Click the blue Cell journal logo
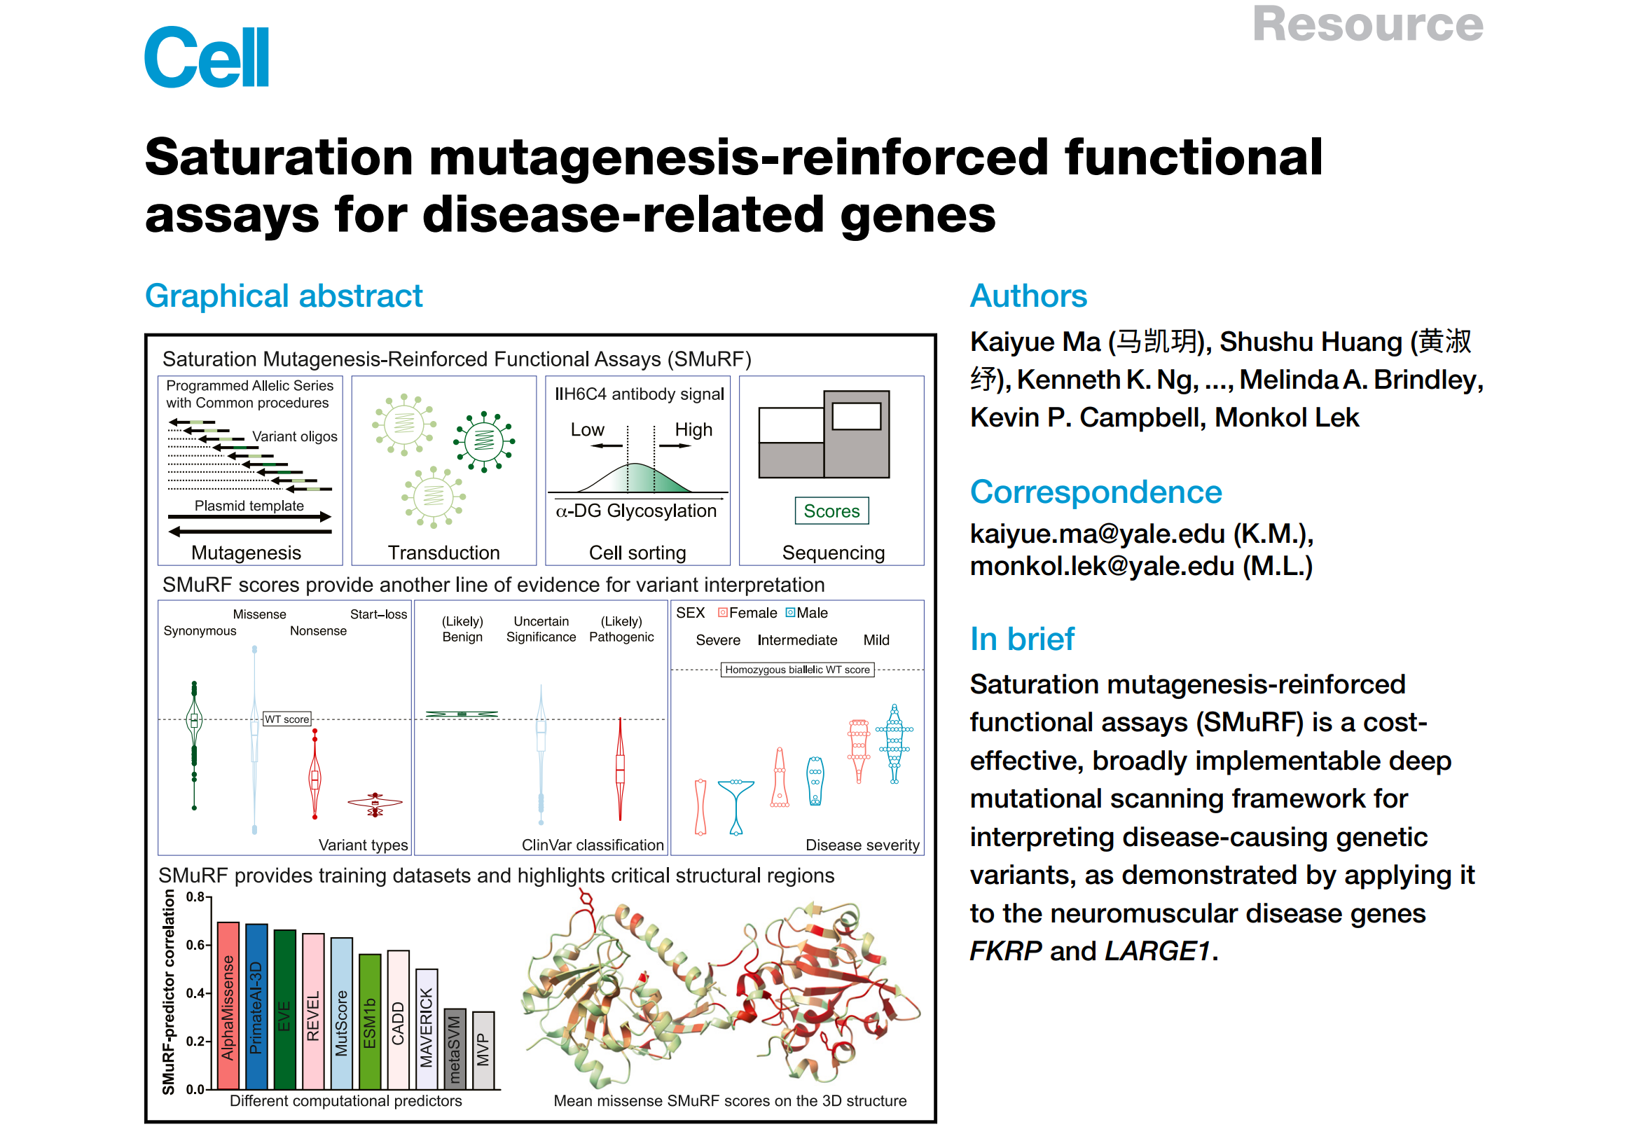tap(206, 57)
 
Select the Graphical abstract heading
tap(284, 296)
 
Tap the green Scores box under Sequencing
tap(831, 511)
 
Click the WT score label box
tap(287, 719)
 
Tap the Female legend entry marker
tap(722, 612)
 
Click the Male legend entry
tap(807, 612)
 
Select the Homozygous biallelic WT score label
tap(796, 669)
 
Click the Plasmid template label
tap(249, 505)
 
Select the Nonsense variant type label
tap(318, 630)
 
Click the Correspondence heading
tap(1095, 492)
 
